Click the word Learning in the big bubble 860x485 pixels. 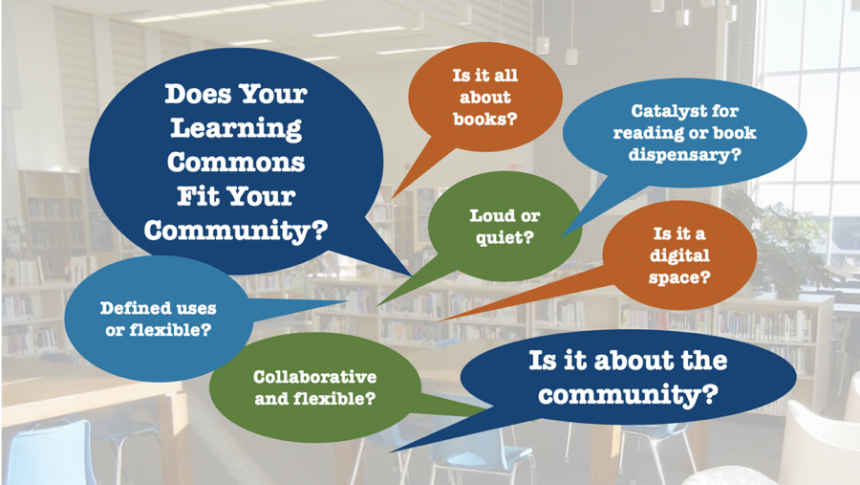tap(236, 128)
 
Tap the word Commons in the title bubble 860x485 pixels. tap(236, 162)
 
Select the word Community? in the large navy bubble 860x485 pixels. tap(236, 231)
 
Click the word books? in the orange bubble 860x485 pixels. tap(484, 120)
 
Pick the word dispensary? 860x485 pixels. tap(684, 155)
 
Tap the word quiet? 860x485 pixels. tap(505, 238)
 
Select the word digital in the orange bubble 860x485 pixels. tap(679, 256)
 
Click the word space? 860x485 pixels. tap(679, 277)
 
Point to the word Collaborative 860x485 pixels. tap(314, 377)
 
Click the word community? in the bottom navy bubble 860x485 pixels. tap(628, 395)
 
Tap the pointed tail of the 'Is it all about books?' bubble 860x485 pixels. tap(392, 197)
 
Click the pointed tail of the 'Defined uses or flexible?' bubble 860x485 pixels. tap(347, 301)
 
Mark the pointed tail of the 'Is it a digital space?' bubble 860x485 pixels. tap(439, 320)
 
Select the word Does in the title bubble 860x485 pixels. tap(198, 94)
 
